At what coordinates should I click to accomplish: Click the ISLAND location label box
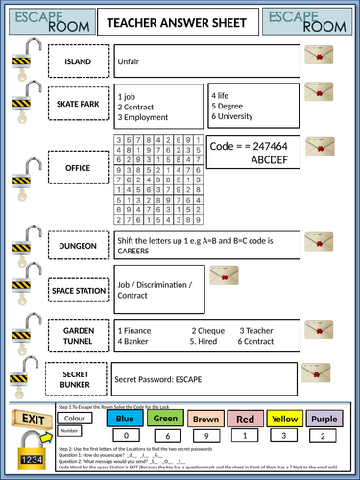(x=78, y=61)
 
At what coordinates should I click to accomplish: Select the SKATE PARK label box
(x=78, y=102)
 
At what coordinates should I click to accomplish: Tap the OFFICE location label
(x=78, y=168)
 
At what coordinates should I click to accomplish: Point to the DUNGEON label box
(x=78, y=246)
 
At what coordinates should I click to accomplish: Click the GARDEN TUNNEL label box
(x=78, y=334)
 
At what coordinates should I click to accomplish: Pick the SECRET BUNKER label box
(x=78, y=378)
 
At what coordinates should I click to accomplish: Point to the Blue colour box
(x=124, y=420)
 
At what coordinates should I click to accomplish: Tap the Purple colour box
(x=325, y=420)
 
